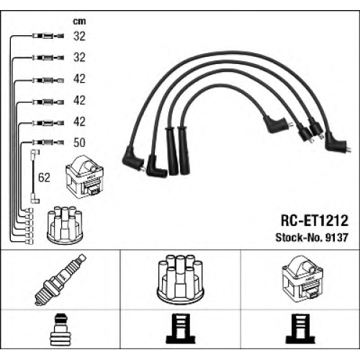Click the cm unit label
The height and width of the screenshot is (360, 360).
[x=79, y=22]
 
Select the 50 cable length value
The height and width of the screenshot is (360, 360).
[x=79, y=143]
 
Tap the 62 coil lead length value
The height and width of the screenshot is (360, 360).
[x=44, y=178]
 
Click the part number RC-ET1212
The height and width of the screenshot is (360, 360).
[x=315, y=220]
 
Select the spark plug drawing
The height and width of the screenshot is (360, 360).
[x=60, y=279]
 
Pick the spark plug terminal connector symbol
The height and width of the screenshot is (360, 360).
[x=59, y=329]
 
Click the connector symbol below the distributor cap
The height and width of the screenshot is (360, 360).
[x=181, y=328]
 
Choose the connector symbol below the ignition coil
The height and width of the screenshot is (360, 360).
[x=300, y=328]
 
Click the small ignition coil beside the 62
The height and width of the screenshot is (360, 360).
[x=84, y=176]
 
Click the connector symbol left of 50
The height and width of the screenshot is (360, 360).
[x=48, y=143]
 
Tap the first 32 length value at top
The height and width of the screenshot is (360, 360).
[x=79, y=36]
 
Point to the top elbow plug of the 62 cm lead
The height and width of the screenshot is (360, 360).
[x=35, y=153]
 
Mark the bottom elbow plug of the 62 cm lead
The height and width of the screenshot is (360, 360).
[x=35, y=199]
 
